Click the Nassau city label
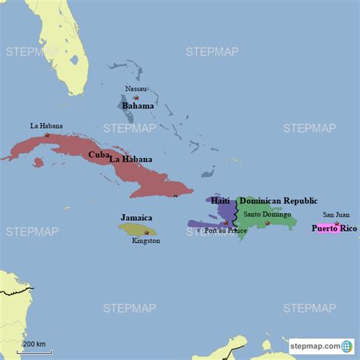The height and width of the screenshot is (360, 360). tap(137, 89)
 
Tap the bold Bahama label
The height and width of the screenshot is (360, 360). tap(138, 106)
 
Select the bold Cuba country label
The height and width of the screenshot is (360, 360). tap(98, 154)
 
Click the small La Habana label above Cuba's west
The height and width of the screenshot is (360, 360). tap(46, 125)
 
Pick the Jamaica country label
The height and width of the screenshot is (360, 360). tap(136, 217)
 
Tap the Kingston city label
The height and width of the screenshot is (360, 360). tap(145, 241)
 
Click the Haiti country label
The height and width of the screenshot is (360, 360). tap(220, 201)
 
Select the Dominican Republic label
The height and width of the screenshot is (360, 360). tap(278, 201)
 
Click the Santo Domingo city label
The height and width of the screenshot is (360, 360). tap(267, 214)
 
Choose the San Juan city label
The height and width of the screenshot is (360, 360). tap(336, 215)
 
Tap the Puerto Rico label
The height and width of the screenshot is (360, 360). tap(334, 228)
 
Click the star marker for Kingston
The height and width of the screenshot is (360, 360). tap(147, 232)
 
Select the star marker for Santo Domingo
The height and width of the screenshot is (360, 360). tap(267, 223)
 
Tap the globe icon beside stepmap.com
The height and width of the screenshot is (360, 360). tap(347, 346)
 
